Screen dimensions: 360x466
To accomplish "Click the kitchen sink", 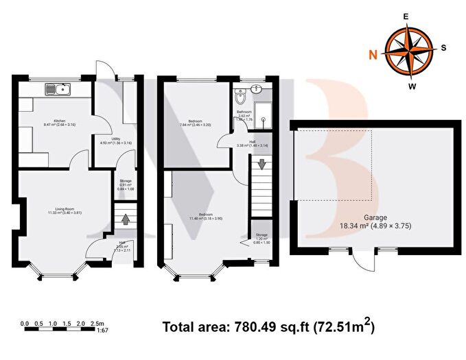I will [56, 88].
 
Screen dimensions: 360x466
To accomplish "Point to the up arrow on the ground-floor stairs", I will [126, 220].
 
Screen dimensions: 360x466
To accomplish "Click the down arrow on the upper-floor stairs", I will [261, 165].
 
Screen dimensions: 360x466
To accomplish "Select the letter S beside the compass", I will [443, 47].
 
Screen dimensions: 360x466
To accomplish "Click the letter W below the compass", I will [412, 86].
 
